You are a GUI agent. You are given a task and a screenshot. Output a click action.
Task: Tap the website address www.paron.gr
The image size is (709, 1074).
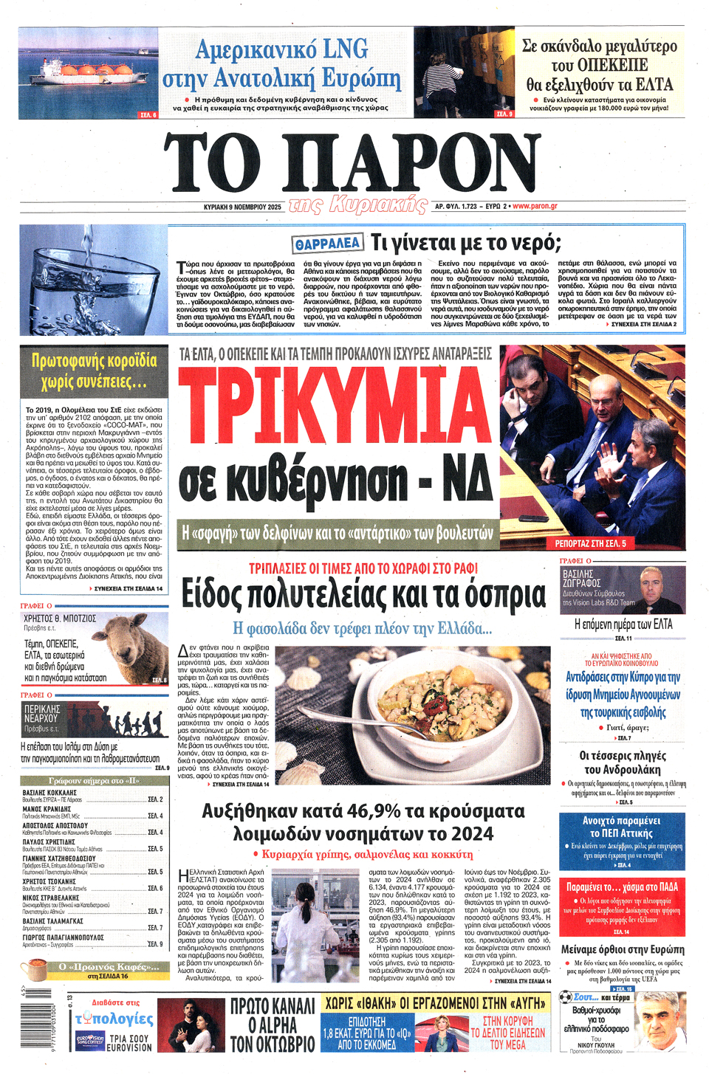(535, 207)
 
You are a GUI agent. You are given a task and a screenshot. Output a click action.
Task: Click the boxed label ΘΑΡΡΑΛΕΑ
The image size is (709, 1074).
(327, 244)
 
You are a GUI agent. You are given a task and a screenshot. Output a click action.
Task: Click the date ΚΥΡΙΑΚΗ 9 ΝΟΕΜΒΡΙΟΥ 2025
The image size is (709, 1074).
(242, 207)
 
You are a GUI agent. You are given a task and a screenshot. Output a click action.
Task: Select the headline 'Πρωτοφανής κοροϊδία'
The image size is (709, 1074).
(95, 362)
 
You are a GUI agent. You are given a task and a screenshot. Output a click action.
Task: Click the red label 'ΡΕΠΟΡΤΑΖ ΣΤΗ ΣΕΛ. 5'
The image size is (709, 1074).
(590, 543)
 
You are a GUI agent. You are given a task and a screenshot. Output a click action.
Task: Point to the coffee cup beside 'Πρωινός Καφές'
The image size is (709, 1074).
(35, 969)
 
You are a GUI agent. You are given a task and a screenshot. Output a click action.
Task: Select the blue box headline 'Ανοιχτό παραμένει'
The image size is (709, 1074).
(621, 821)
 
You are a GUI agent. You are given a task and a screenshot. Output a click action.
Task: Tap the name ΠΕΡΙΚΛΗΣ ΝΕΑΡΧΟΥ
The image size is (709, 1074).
(41, 713)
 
